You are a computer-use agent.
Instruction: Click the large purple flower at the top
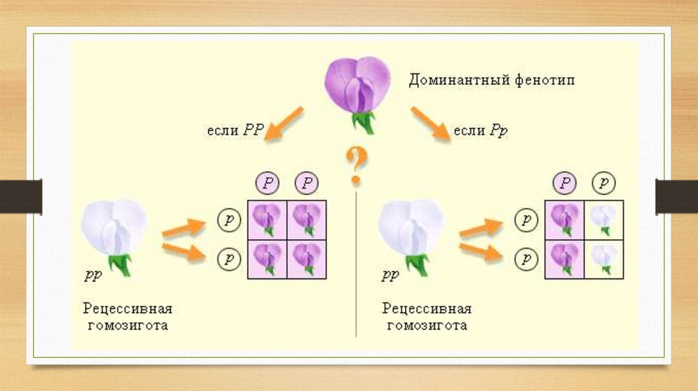click(x=357, y=85)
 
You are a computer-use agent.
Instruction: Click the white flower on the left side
click(x=114, y=228)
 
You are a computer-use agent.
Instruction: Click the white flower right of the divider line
click(x=411, y=228)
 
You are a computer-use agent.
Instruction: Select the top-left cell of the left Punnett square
click(x=267, y=221)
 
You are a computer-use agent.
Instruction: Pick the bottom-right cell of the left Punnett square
click(x=307, y=260)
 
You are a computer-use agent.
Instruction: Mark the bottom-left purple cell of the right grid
click(x=564, y=260)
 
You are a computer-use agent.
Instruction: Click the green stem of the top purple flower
click(x=363, y=121)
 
